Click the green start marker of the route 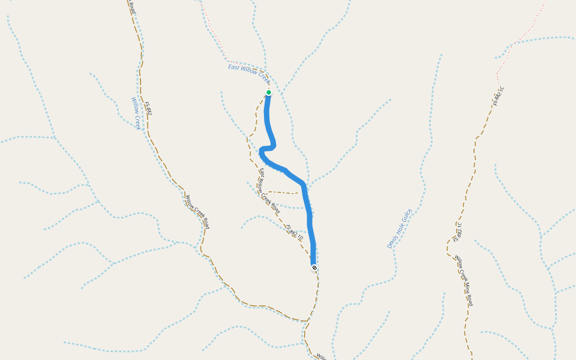click(269, 92)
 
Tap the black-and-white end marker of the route click(314, 267)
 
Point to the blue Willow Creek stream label click(136, 113)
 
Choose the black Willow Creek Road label click(197, 212)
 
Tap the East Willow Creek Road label click(269, 191)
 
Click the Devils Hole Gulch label click(400, 229)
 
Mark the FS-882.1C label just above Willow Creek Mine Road click(460, 232)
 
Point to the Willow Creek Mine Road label click(464, 280)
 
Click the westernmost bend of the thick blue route click(261, 152)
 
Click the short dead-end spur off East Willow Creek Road click(282, 193)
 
